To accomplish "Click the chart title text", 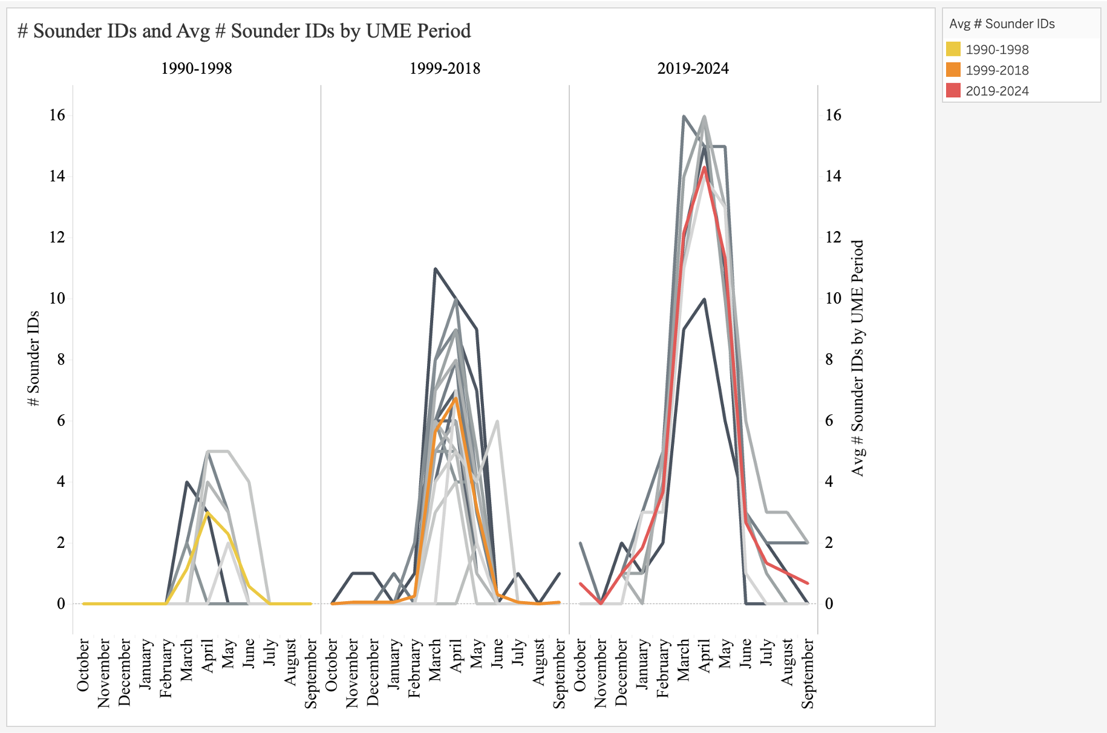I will coord(244,31).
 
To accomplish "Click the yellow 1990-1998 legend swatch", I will coord(953,49).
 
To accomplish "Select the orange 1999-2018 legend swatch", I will coord(953,70).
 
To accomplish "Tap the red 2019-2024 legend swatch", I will coord(953,90).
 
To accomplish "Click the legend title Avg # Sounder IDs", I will coord(1002,24).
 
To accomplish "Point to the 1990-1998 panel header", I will coord(196,68).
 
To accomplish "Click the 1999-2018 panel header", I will coord(445,68).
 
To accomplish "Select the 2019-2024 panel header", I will coord(693,68).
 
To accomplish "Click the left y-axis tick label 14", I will coord(57,176).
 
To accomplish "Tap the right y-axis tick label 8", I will coord(829,359).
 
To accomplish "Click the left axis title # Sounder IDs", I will coord(34,359).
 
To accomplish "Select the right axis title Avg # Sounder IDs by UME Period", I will coord(858,359).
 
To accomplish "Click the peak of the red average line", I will coord(704,167).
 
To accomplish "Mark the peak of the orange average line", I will coord(456,398).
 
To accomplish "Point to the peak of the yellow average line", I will coord(207,513).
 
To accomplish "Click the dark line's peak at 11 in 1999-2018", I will coord(436,268).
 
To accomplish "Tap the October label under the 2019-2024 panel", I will coord(580,665).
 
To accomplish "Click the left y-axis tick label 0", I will coord(60,604).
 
